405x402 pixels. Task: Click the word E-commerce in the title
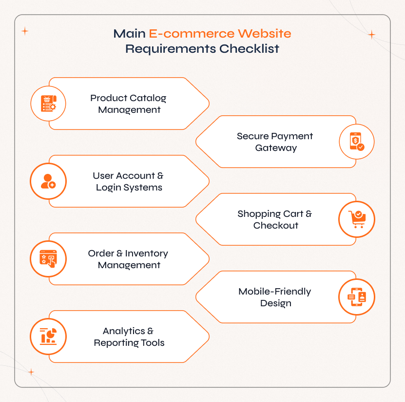point(192,34)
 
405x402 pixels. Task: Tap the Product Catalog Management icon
point(48,103)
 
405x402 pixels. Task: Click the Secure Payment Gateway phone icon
point(357,142)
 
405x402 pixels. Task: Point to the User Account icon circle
point(48,181)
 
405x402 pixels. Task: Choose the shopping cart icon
point(357,219)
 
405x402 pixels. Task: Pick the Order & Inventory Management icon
point(48,258)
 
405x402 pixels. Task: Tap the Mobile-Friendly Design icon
point(357,296)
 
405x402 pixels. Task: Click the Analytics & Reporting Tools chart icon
point(48,336)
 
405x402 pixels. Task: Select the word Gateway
point(276,148)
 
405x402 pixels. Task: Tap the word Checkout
point(276,226)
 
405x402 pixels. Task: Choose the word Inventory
point(147,254)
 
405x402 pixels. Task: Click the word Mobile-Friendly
point(275,292)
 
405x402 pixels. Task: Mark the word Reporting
point(116,343)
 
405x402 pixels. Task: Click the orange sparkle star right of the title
point(371,35)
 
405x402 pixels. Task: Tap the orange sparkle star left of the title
point(25,31)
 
